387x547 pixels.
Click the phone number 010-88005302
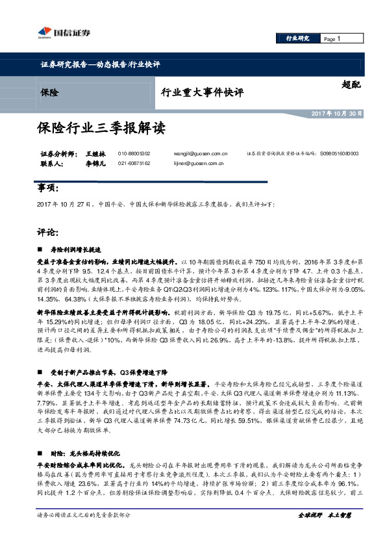[x=134, y=153]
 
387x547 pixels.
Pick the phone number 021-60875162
[x=134, y=164]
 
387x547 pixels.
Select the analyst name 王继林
[x=94, y=153]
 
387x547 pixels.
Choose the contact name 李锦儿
[x=94, y=164]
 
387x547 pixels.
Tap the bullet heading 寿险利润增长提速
[x=75, y=249]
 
